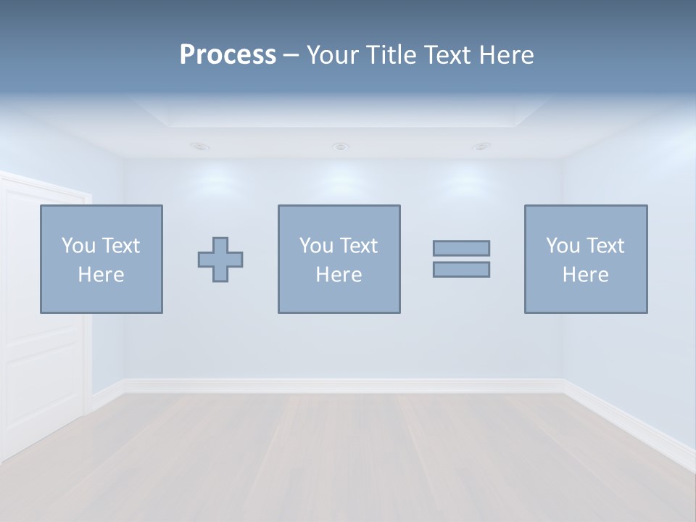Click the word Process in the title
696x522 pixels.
228,55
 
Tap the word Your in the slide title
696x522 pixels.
333,55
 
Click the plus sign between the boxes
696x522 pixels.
220,260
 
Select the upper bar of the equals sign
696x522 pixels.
461,248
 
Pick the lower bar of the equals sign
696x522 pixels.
461,269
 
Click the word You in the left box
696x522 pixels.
78,246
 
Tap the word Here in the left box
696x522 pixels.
101,275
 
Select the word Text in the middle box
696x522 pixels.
358,246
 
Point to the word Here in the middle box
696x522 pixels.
339,275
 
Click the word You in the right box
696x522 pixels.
563,246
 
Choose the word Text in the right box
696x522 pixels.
605,246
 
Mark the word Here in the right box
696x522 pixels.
586,275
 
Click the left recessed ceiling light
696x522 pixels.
201,146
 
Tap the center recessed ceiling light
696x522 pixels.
340,146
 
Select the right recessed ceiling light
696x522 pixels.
481,146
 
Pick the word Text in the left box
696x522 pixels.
120,246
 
